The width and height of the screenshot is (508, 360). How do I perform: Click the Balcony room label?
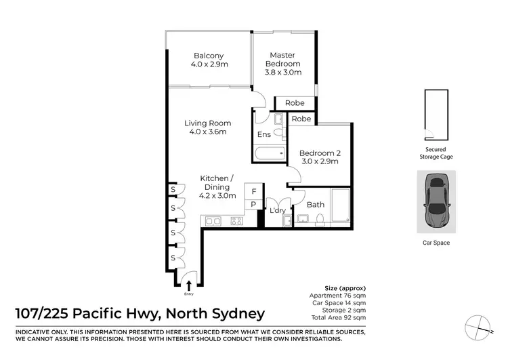point(209,61)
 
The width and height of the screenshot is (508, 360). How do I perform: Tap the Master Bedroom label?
point(284,63)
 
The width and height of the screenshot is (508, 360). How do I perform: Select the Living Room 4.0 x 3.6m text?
point(208,127)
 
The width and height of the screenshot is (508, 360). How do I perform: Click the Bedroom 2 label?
point(318,157)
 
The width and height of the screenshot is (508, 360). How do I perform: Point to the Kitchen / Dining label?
point(218,186)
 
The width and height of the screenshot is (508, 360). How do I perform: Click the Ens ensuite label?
point(263,135)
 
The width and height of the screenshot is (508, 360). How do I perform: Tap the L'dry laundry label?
point(277,211)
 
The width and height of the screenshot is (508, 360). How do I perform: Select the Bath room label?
point(316,204)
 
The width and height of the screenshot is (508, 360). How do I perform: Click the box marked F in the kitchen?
point(253,192)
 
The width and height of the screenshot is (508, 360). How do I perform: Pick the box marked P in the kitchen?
point(253,204)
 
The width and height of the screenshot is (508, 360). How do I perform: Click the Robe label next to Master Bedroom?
point(294,103)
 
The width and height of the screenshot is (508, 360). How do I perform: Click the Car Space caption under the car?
point(436,242)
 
